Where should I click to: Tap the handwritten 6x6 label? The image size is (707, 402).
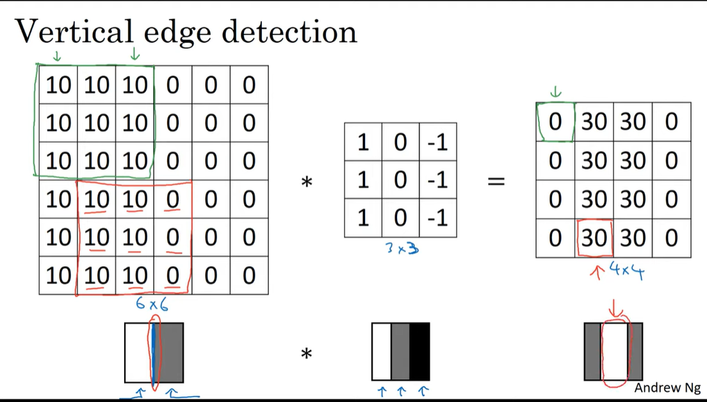pyautogui.click(x=151, y=305)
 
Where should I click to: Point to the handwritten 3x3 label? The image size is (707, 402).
pyautogui.click(x=402, y=248)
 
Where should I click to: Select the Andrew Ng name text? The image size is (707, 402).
pyautogui.click(x=666, y=388)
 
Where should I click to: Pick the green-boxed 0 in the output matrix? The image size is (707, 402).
pyautogui.click(x=555, y=122)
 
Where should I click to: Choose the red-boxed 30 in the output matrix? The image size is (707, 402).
pyautogui.click(x=594, y=238)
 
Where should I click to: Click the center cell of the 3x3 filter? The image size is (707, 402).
pyautogui.click(x=400, y=180)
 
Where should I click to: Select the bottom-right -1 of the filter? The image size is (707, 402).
pyautogui.click(x=438, y=218)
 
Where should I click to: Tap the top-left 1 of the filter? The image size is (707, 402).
pyautogui.click(x=363, y=141)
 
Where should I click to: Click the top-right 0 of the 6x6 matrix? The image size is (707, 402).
pyautogui.click(x=248, y=84)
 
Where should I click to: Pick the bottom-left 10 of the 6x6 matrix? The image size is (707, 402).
pyautogui.click(x=58, y=275)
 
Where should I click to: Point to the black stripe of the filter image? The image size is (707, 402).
pyautogui.click(x=419, y=351)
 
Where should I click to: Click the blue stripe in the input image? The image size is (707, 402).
pyautogui.click(x=153, y=351)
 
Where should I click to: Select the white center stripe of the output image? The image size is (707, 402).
pyautogui.click(x=614, y=351)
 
